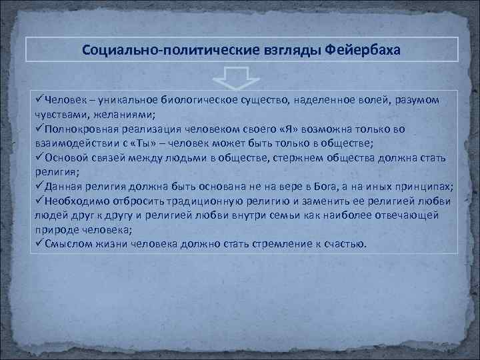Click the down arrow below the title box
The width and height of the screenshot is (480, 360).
pos(239,77)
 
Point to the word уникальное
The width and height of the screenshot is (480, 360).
pos(126,100)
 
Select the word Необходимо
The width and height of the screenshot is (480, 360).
pos(75,201)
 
